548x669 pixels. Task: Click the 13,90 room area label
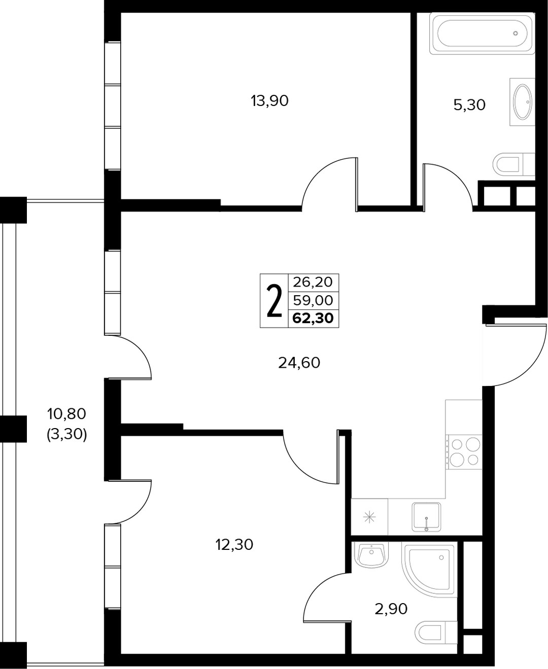(270, 101)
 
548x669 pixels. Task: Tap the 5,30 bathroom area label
(470, 105)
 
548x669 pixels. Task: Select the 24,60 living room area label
(299, 363)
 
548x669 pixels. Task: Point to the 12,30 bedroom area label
(234, 545)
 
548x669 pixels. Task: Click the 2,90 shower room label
(391, 609)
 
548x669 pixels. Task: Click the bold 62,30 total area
(313, 318)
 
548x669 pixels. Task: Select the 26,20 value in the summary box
(313, 281)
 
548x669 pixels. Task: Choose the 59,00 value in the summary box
(313, 300)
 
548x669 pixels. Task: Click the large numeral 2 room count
(275, 301)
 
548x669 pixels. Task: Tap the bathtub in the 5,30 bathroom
(482, 33)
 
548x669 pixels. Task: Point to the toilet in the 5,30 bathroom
(514, 164)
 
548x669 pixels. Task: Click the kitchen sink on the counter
(426, 517)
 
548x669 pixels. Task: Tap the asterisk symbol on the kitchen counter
(370, 518)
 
